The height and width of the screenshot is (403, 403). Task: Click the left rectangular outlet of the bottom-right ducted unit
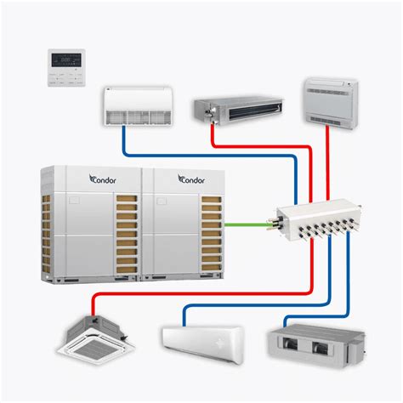tap(292, 346)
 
